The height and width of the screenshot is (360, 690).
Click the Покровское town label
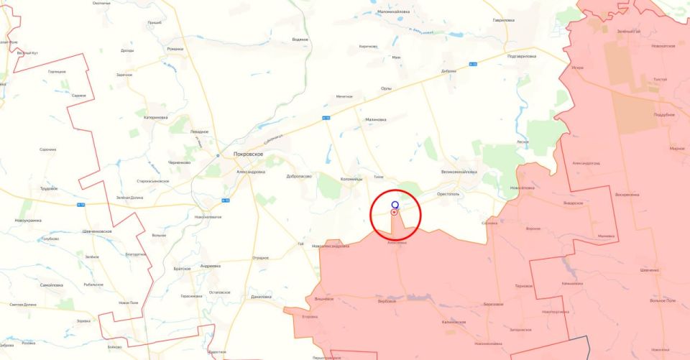[x=249, y=154]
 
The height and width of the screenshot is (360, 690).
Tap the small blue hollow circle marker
[x=395, y=204]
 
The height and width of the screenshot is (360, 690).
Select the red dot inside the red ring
[x=394, y=213]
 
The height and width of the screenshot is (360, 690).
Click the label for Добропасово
[x=298, y=176]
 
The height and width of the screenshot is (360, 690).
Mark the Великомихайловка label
[x=459, y=172]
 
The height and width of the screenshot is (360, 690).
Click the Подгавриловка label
[x=522, y=55]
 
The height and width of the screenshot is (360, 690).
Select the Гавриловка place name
[x=503, y=20]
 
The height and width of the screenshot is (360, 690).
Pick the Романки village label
[x=175, y=49]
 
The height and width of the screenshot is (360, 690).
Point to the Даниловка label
[x=261, y=297]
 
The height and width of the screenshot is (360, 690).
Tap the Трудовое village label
[x=49, y=188]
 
